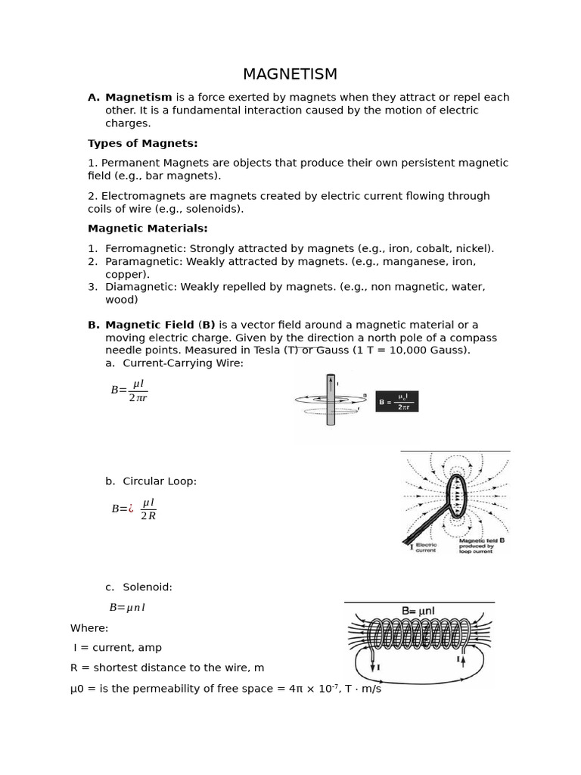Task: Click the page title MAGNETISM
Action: click(290, 74)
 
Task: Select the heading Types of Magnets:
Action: click(142, 143)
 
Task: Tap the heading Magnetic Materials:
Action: click(148, 229)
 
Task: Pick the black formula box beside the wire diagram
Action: click(396, 401)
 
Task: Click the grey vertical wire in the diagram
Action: click(331, 400)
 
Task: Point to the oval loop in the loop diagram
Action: click(456, 495)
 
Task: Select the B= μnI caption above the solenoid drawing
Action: click(418, 611)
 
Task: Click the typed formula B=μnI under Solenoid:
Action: click(127, 607)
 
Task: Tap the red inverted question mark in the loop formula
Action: click(131, 509)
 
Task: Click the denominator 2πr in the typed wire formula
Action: click(138, 398)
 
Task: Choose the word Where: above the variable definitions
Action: click(89, 628)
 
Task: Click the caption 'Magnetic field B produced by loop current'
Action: click(482, 546)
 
